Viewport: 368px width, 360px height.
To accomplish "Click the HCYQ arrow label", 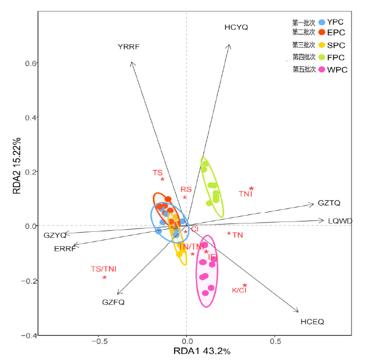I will (x=236, y=27).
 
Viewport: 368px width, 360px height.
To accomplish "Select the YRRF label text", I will (x=128, y=47).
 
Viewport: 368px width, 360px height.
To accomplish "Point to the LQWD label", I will (x=340, y=221).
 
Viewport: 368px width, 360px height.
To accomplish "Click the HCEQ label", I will (x=312, y=322).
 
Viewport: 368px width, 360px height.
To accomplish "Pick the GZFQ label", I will (x=113, y=302).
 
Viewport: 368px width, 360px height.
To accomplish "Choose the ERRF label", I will (x=65, y=249).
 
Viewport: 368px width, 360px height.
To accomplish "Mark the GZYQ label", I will (x=55, y=235).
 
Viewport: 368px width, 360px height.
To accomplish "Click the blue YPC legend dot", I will (x=322, y=22).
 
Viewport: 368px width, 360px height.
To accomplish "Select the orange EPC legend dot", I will (x=322, y=32).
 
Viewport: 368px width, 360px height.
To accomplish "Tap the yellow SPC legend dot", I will (x=322, y=45).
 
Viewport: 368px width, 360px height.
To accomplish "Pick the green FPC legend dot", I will (x=322, y=57).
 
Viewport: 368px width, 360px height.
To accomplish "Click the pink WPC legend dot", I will (x=322, y=70).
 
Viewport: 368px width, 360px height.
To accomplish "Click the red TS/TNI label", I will (x=104, y=269).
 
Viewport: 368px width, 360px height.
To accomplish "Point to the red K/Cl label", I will (x=239, y=290).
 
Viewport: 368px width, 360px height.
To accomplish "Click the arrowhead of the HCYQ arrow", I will (x=230, y=45).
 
